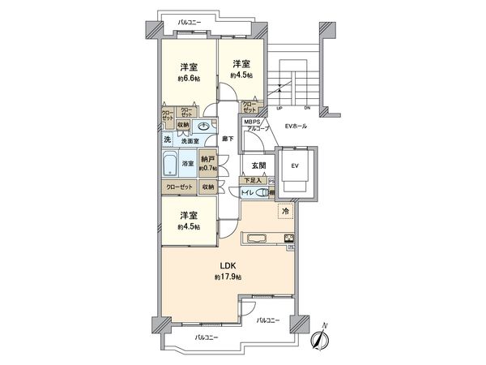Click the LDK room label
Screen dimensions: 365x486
pyautogui.click(x=228, y=266)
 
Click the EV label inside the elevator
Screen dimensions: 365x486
pyautogui.click(x=295, y=165)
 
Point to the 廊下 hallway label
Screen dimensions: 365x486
pyautogui.click(x=229, y=139)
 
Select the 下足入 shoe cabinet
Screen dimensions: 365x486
pyautogui.click(x=254, y=180)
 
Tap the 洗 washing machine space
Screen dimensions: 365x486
pyautogui.click(x=168, y=140)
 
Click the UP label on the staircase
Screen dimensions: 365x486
pyautogui.click(x=280, y=108)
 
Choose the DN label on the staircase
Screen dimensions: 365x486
pyautogui.click(x=308, y=108)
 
